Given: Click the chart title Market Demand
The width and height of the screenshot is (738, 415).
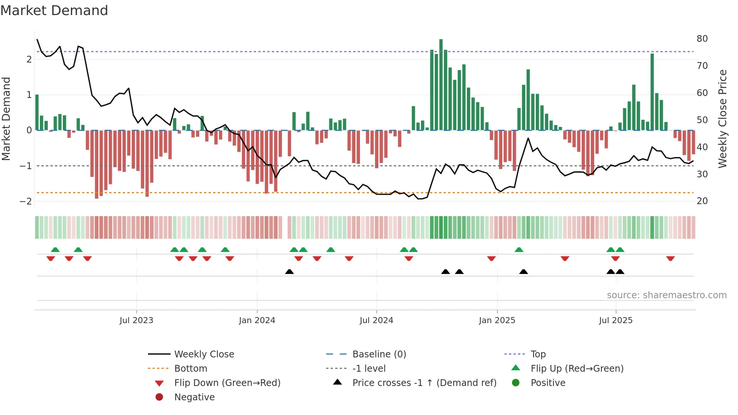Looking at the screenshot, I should (x=54, y=11).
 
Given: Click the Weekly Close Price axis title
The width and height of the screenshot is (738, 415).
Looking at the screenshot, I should (x=722, y=119).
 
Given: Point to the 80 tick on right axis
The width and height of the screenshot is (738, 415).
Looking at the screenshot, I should (x=702, y=39).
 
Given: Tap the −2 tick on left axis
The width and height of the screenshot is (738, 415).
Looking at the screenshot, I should (x=26, y=201).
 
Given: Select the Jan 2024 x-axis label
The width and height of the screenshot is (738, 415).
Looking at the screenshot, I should (x=257, y=320).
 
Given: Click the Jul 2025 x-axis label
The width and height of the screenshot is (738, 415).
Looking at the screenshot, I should (x=616, y=320).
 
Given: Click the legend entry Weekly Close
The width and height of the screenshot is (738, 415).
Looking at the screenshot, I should (x=204, y=354).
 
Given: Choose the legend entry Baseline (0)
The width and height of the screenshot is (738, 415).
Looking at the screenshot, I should (x=379, y=354).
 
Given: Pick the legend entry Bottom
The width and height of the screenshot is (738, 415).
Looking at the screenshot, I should (x=191, y=369).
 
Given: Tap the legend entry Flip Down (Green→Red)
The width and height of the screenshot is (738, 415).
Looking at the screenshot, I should (x=227, y=383).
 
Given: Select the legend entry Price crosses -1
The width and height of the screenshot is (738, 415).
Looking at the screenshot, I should (x=424, y=383).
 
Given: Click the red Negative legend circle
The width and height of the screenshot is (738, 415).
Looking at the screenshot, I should (x=159, y=397).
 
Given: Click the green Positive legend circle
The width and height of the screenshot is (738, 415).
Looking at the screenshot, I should (x=516, y=383).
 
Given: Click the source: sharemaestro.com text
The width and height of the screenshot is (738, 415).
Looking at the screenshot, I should (x=666, y=295).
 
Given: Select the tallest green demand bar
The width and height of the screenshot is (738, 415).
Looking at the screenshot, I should (x=441, y=85).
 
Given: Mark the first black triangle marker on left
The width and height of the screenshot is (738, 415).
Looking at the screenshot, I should (x=289, y=272).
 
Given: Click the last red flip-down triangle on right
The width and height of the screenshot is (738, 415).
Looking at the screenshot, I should (x=670, y=258).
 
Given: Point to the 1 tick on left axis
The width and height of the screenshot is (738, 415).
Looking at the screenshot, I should (x=29, y=95).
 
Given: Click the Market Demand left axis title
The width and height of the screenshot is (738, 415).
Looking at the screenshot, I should (x=6, y=119).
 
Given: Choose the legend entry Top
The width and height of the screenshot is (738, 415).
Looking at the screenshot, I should (x=538, y=354).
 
